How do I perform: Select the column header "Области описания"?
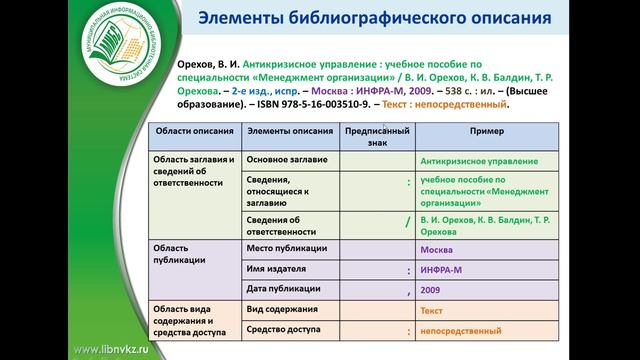[193, 131]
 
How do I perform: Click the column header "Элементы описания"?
[289, 131]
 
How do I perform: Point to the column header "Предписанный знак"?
[377, 136]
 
